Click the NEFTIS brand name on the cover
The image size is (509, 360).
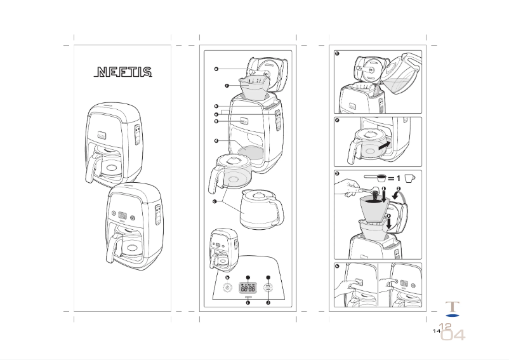tap(123, 72)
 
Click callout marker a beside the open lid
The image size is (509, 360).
tap(216, 68)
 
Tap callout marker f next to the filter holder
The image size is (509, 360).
tap(226, 84)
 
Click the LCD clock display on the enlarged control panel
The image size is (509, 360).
tap(248, 287)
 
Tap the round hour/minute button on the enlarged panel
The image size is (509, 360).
tap(268, 287)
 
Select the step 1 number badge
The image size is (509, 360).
tap(338, 54)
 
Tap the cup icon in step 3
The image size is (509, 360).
tap(409, 178)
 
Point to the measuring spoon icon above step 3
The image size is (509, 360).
tap(375, 178)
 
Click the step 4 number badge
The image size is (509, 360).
tap(338, 266)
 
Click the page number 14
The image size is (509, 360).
tap(436, 331)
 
